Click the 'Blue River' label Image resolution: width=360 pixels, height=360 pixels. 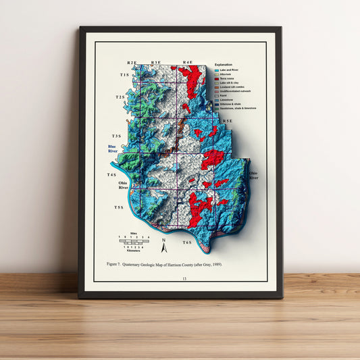point(112,149)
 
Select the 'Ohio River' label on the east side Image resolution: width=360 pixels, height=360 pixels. point(253,175)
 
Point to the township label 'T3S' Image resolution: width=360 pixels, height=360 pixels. point(116,136)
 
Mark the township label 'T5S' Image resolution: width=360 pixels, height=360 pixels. point(119,207)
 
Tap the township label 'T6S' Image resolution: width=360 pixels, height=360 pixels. point(186,242)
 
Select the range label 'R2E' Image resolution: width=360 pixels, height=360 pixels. point(132,62)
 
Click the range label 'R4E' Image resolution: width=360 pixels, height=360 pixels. point(187,62)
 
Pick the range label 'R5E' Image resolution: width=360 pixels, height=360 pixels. point(228,121)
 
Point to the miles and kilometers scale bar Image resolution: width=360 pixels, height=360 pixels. point(135,242)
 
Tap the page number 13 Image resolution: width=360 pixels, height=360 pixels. point(180,278)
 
